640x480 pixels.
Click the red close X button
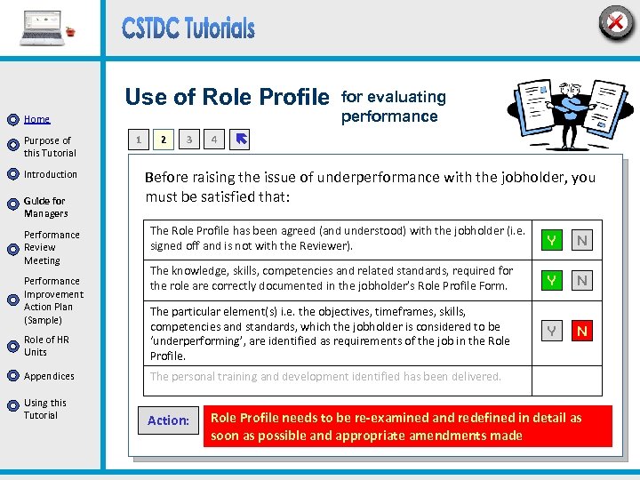[615, 22]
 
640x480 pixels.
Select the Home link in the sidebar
[37, 119]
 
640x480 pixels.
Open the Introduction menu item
[51, 174]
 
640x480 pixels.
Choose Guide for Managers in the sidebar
[45, 207]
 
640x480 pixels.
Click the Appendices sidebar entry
[49, 376]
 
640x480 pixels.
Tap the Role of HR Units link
[46, 346]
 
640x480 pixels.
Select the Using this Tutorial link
[45, 409]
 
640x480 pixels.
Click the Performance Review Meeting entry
[52, 247]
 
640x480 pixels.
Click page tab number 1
[137, 140]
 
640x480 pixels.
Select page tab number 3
[188, 140]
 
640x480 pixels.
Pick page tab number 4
[213, 140]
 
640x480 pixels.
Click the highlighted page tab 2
[163, 140]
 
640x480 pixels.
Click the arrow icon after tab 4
[241, 139]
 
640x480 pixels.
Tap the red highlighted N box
[582, 331]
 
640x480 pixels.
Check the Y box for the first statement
[552, 240]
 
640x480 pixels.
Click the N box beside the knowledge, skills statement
[582, 280]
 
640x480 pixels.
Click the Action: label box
[168, 420]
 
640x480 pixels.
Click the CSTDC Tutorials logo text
[188, 28]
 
